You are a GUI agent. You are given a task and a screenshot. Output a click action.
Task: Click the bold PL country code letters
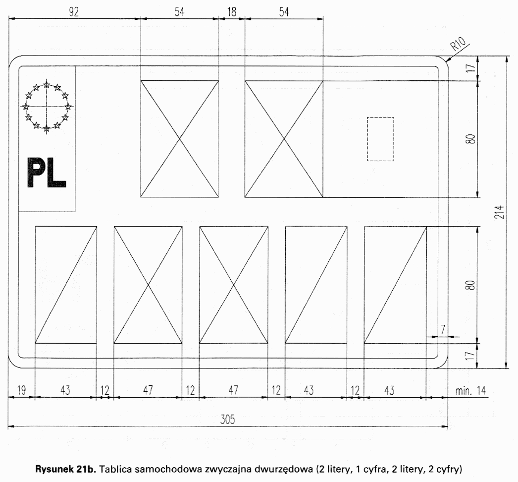[47, 173]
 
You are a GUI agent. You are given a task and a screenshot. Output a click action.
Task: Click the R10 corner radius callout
[458, 43]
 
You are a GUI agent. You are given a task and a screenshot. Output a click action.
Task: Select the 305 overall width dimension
[228, 420]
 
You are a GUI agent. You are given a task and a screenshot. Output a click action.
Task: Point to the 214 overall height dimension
[500, 212]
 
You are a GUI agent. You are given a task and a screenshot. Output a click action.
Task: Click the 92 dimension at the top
[74, 12]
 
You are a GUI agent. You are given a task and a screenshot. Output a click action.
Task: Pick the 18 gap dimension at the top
[232, 12]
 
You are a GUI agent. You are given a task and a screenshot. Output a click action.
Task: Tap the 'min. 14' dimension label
[471, 391]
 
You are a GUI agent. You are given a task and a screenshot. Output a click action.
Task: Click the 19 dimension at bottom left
[21, 390]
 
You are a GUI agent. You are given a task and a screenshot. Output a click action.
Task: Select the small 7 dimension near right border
[443, 329]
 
